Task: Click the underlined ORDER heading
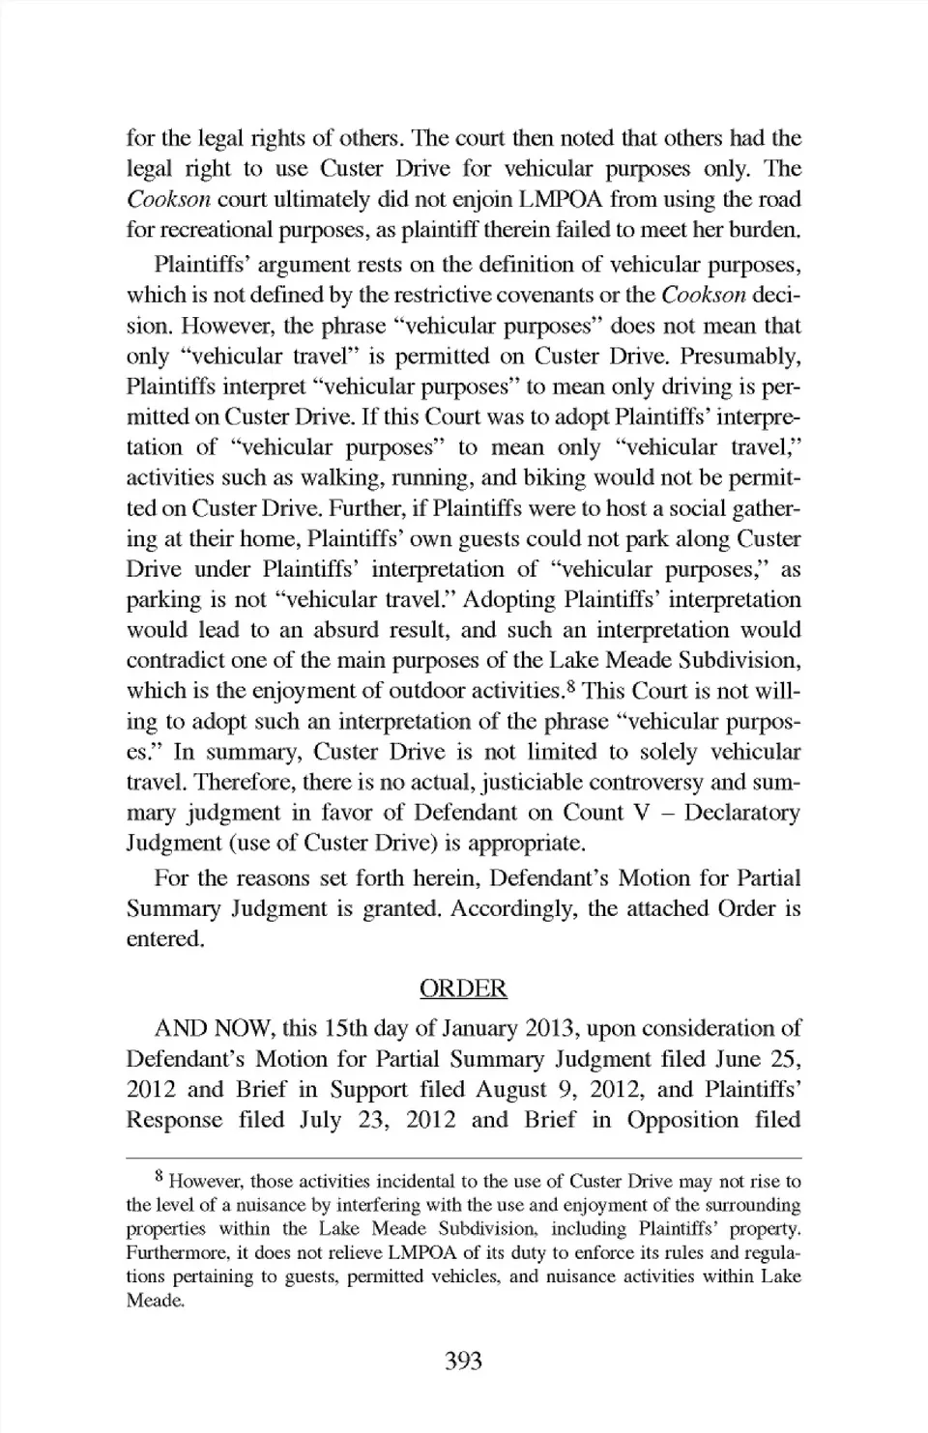[463, 988]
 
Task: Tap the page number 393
[463, 1361]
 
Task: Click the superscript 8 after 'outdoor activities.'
[571, 687]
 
